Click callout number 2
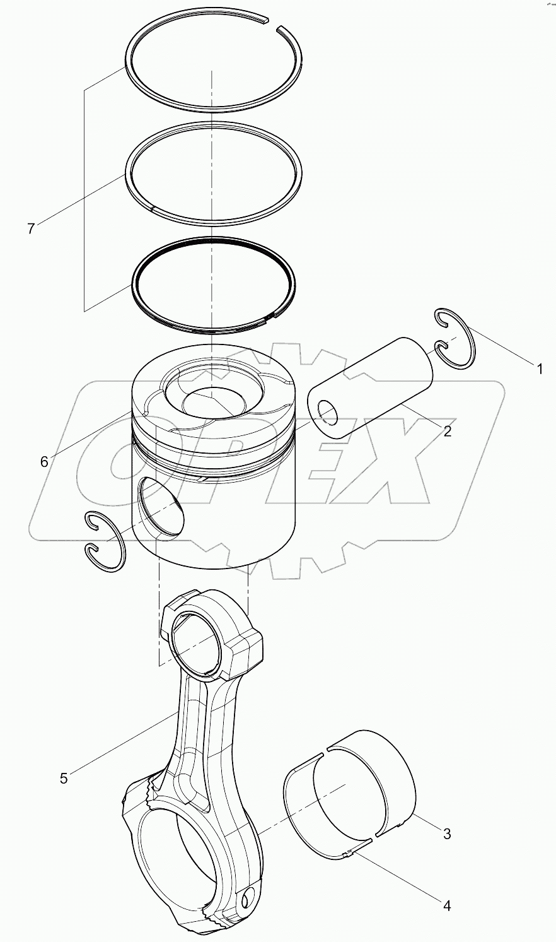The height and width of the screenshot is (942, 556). pos(446,432)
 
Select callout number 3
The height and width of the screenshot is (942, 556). pos(446,833)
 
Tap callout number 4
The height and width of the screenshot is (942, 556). pos(446,906)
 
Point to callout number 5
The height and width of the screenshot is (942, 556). pos(63,778)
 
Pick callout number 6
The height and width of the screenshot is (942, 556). pos(43,462)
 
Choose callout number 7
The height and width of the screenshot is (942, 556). pos(31,229)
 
